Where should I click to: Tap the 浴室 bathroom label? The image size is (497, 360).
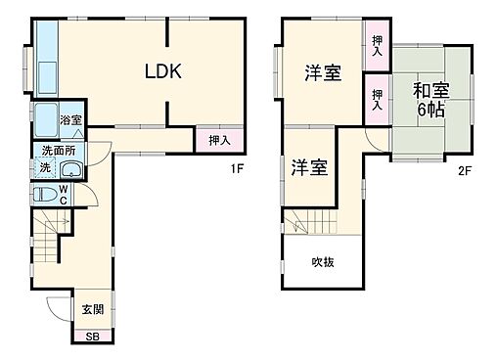click(70, 120)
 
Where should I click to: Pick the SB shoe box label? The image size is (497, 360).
click(92, 337)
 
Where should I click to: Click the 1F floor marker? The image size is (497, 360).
click(236, 166)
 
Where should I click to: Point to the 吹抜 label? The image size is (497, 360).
click(323, 261)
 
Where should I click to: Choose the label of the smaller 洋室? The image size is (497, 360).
click(309, 167)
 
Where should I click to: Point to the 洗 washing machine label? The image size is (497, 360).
click(45, 167)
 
